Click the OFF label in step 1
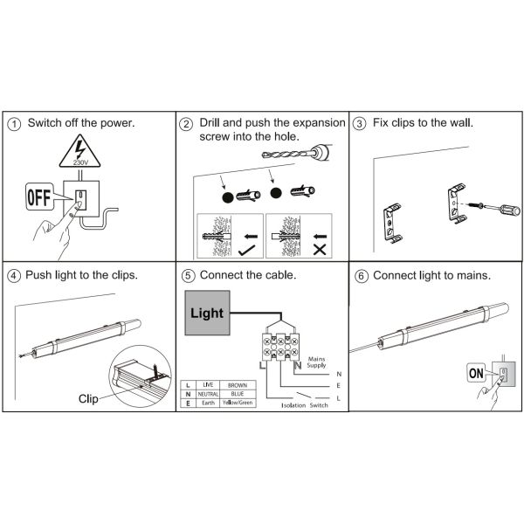click(x=39, y=196)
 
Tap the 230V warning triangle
click(x=79, y=152)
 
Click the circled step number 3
click(x=359, y=124)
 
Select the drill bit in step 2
click(x=289, y=155)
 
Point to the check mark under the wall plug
click(x=247, y=250)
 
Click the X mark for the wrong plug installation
click(x=320, y=250)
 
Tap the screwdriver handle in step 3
click(x=510, y=210)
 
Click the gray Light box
click(x=207, y=313)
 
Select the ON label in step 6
click(x=476, y=373)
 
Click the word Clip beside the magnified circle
click(x=88, y=399)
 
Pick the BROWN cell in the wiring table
click(x=238, y=385)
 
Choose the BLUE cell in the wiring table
click(x=238, y=394)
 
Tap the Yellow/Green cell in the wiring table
click(x=238, y=403)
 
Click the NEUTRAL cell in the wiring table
click(x=208, y=394)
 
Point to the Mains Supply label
click(x=316, y=362)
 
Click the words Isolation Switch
click(x=305, y=405)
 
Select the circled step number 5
click(x=188, y=276)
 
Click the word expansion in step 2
click(x=319, y=123)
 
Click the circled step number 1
click(x=14, y=124)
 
